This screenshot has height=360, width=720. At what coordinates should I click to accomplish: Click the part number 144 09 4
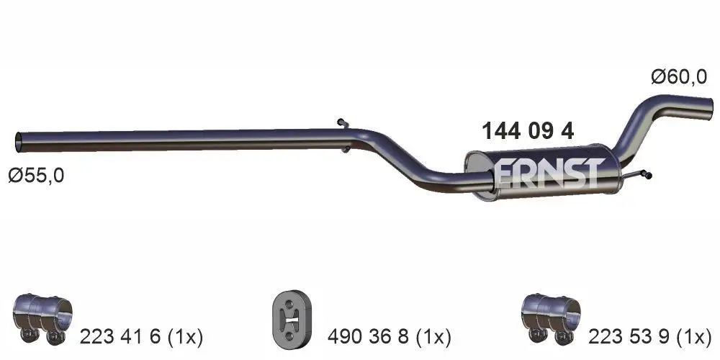(527, 131)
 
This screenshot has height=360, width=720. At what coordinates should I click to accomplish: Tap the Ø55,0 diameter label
(36, 175)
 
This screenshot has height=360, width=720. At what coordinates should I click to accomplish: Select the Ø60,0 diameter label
(678, 77)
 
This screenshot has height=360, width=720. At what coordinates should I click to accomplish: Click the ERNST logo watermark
(548, 174)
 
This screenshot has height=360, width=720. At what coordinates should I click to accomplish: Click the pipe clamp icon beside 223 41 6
(42, 318)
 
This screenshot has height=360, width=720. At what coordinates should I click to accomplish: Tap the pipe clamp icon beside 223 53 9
(550, 318)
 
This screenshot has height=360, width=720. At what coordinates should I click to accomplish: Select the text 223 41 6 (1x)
(142, 336)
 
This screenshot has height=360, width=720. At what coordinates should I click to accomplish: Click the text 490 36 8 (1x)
(389, 336)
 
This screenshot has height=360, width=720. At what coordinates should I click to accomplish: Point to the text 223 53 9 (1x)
(650, 336)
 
